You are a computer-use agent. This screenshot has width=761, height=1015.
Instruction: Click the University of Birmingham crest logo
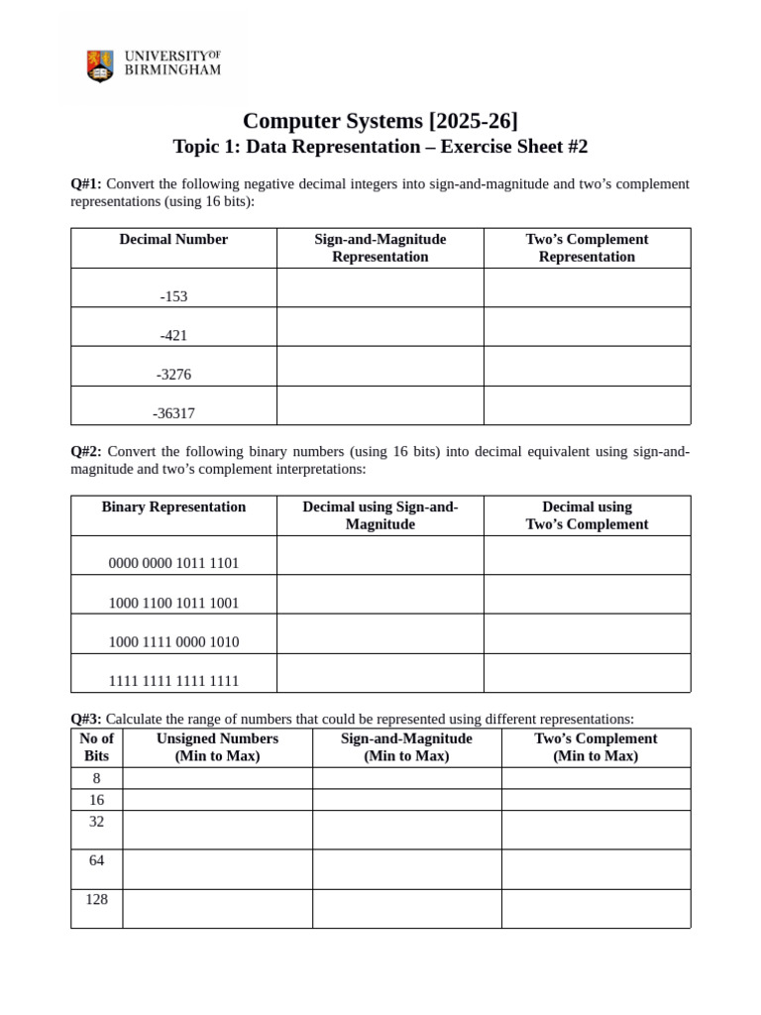pyautogui.click(x=100, y=65)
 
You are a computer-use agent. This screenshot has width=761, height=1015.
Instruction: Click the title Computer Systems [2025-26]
pyautogui.click(x=380, y=121)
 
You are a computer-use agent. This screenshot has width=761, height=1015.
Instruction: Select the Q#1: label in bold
pyautogui.click(x=86, y=183)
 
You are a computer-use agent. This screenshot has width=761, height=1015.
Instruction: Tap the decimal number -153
pyautogui.click(x=173, y=296)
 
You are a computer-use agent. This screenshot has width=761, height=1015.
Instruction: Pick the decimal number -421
pyautogui.click(x=173, y=335)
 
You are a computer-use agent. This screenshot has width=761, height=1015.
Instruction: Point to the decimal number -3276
pyautogui.click(x=173, y=375)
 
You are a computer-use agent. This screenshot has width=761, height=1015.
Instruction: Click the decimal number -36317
pyautogui.click(x=173, y=413)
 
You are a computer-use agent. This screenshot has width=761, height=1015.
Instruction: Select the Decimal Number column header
pyautogui.click(x=173, y=239)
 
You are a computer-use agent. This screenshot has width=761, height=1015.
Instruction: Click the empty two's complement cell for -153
pyautogui.click(x=587, y=287)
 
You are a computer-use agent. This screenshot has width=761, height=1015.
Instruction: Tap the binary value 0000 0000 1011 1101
pyautogui.click(x=173, y=563)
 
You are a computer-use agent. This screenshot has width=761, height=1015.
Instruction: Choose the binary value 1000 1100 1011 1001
pyautogui.click(x=173, y=603)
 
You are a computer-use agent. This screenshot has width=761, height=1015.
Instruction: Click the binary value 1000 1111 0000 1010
pyautogui.click(x=173, y=642)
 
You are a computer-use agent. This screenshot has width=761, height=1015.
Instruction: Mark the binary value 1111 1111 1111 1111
pyautogui.click(x=173, y=681)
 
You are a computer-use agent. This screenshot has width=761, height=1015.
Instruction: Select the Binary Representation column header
pyautogui.click(x=173, y=507)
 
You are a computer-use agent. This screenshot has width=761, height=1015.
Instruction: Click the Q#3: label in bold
pyautogui.click(x=86, y=719)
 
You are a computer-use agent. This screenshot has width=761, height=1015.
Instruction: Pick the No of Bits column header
pyautogui.click(x=96, y=747)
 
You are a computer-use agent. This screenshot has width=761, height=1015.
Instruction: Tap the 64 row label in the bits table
pyautogui.click(x=96, y=860)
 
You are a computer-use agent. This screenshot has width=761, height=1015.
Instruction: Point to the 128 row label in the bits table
pyautogui.click(x=96, y=899)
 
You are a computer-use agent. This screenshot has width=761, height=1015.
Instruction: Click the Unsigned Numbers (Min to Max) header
pyautogui.click(x=217, y=747)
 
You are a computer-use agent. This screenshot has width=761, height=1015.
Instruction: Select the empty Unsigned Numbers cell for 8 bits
pyautogui.click(x=217, y=778)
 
